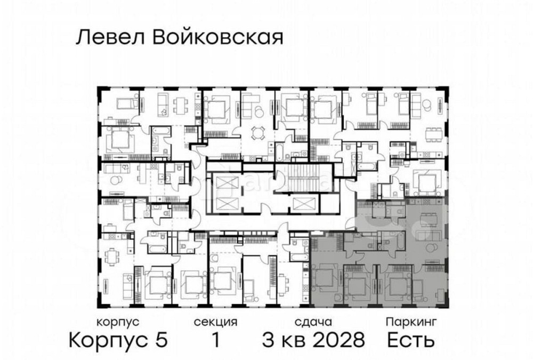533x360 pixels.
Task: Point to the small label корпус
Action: [x=118, y=322]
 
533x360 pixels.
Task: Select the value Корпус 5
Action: [x=119, y=339]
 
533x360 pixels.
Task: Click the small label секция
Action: [x=215, y=322]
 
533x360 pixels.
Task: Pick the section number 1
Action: [x=215, y=339]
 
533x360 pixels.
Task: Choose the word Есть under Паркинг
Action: [x=411, y=339]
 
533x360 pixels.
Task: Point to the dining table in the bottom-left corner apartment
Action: [x=111, y=259]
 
